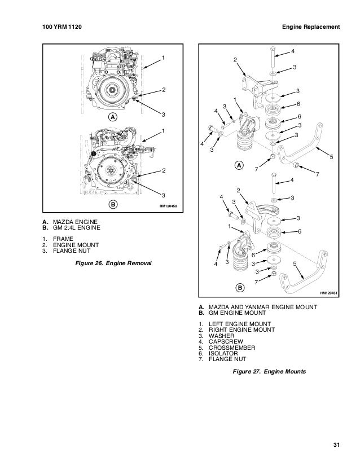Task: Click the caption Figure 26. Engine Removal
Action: pyautogui.click(x=110, y=263)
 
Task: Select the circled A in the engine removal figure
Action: pyautogui.click(x=112, y=117)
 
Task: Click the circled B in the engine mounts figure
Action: pyautogui.click(x=239, y=288)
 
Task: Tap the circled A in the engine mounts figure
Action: pyautogui.click(x=239, y=166)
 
